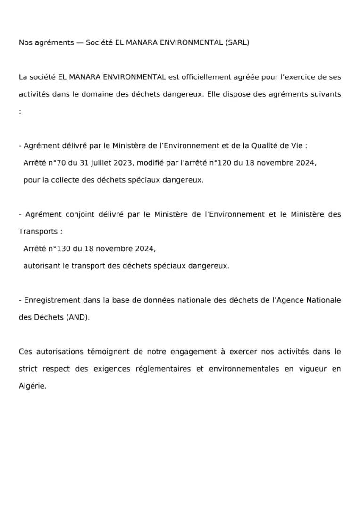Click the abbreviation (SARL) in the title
coord(237,42)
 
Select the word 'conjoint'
coord(80,214)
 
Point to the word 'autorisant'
coord(40,266)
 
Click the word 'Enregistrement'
coord(52,300)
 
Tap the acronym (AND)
coord(78,317)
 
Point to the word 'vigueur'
coord(308,369)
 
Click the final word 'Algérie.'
coord(33,386)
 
